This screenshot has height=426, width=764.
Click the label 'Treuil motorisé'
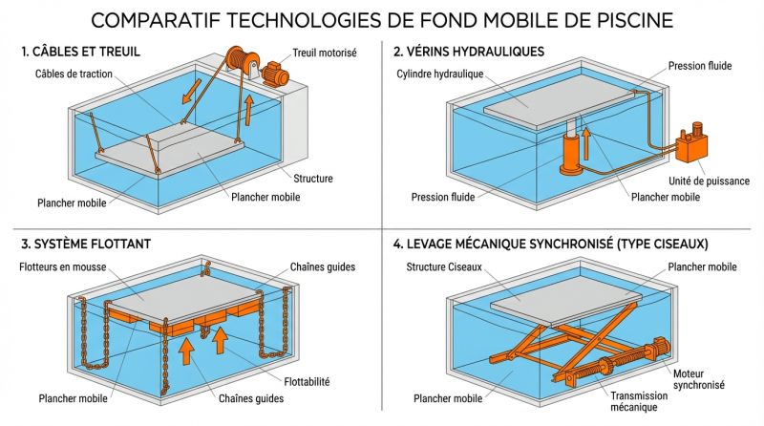coord(324,53)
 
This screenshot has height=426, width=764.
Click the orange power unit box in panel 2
coord(690,149)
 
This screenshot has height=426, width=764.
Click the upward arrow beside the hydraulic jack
coord(587,151)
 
